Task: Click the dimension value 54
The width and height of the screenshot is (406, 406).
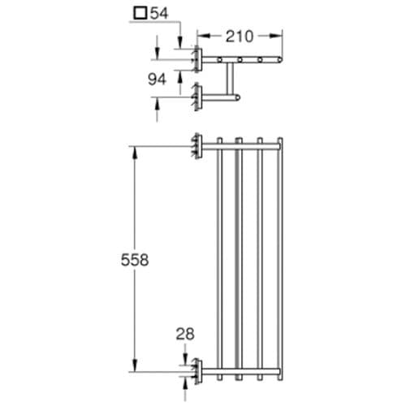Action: point(159,13)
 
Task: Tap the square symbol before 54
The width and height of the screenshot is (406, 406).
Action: point(140,13)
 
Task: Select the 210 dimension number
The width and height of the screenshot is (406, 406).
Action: point(240,37)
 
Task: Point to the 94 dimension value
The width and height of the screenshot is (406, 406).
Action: point(157,80)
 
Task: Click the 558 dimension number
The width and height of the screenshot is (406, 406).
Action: point(135,260)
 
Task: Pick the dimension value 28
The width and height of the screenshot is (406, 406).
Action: point(185,334)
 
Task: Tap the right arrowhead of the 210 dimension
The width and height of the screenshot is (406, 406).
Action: point(276,36)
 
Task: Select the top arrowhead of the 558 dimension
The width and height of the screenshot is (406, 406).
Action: point(136,153)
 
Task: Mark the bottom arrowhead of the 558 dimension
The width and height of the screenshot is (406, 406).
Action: point(136,365)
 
